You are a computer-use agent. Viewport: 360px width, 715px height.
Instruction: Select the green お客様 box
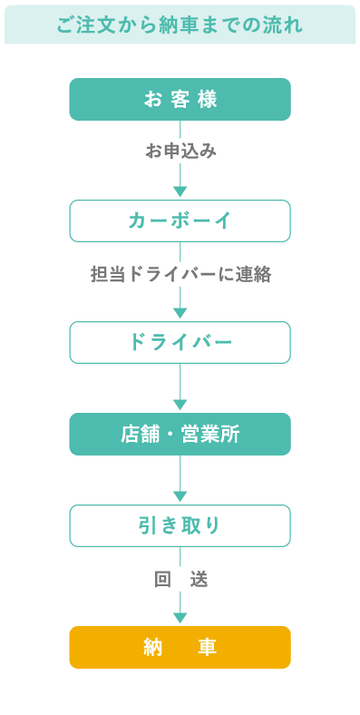tap(180, 99)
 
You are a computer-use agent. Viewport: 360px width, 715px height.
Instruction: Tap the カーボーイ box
tap(180, 220)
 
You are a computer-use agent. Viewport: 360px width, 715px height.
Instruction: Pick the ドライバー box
tap(180, 342)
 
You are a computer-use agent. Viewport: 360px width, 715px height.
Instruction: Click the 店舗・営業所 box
tap(180, 434)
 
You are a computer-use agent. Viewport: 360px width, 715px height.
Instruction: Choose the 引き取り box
tap(180, 525)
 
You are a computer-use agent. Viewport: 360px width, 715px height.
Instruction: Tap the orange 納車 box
tap(180, 647)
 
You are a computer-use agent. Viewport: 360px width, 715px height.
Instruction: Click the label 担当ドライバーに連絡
tap(180, 273)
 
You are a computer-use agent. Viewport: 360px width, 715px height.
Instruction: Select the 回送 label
tap(180, 579)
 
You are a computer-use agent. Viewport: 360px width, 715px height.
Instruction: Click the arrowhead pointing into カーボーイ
tap(180, 191)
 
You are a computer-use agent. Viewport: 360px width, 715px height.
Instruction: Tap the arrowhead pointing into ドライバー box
tap(180, 313)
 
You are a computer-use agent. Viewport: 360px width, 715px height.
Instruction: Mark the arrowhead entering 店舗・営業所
tap(180, 405)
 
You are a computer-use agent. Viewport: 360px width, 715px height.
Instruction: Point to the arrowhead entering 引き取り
tap(180, 496)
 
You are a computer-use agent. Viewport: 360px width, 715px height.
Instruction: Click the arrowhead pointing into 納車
tap(180, 618)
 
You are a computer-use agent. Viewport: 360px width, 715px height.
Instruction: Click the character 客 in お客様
tap(180, 99)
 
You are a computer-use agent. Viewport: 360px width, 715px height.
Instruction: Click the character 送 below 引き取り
tap(199, 579)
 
